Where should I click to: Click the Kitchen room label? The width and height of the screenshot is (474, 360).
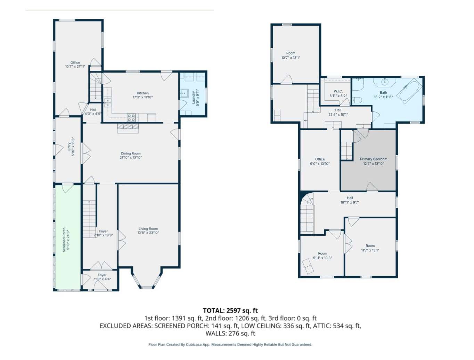(x=142, y=93)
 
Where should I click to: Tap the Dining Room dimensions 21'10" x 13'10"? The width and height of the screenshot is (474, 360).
(x=131, y=158)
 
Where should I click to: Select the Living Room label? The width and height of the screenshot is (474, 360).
(x=148, y=229)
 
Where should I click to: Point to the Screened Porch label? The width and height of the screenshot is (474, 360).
(x=64, y=240)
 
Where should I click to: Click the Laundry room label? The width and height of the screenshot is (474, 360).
(x=194, y=97)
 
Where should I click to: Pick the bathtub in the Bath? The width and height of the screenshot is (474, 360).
(x=410, y=91)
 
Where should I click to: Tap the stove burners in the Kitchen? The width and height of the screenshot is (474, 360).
(x=131, y=118)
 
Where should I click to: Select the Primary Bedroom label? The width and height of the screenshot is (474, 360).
(x=374, y=159)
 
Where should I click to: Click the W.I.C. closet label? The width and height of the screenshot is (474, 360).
(x=338, y=91)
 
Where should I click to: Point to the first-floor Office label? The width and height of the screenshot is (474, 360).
(x=75, y=62)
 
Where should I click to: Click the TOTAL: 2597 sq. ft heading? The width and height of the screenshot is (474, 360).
(x=230, y=311)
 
